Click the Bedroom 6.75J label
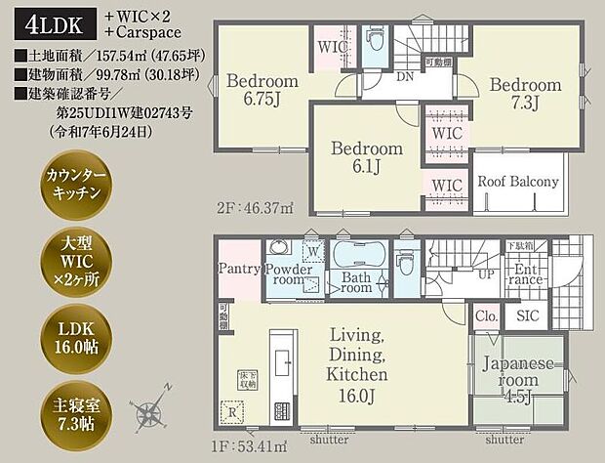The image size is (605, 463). [x=262, y=89]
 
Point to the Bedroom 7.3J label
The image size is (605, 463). [x=524, y=94]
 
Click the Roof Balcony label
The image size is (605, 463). [x=517, y=182]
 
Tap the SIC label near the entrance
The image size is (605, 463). [x=528, y=316]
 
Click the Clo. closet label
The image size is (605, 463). [x=485, y=316]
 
